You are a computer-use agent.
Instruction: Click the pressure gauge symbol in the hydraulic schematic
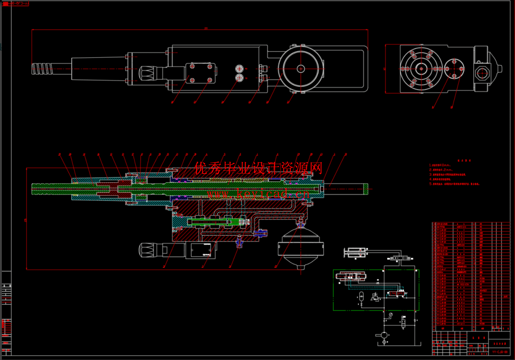[391, 314]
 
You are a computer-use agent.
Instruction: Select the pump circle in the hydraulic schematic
[384, 335]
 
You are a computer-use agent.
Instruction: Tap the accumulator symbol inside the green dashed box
[361, 296]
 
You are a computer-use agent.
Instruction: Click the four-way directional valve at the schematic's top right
[400, 258]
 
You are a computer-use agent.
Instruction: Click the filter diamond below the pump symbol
[384, 342]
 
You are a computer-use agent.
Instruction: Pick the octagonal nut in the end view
[483, 73]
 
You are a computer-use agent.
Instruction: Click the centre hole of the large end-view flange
[421, 69]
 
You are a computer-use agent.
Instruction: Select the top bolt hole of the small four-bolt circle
[454, 62]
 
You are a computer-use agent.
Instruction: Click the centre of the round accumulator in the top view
[301, 68]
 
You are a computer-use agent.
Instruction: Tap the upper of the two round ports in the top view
[239, 68]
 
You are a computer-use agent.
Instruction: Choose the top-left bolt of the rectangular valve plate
[193, 67]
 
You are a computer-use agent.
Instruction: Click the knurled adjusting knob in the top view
[147, 74]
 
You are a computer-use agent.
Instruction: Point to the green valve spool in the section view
[217, 221]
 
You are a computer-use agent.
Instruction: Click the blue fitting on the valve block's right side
[261, 233]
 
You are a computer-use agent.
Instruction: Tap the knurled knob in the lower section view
[147, 250]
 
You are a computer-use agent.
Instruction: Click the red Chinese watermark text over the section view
[258, 168]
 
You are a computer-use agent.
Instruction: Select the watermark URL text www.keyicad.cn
[258, 194]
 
